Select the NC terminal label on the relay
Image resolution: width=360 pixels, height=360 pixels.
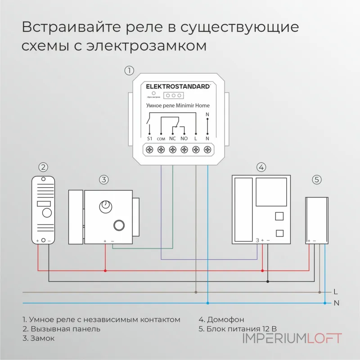[x=172, y=139]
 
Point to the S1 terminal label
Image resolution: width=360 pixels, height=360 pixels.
[x=150, y=139]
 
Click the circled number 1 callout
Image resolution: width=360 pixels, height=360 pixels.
[x=129, y=71]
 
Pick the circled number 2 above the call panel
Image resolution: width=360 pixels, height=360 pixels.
[x=43, y=167]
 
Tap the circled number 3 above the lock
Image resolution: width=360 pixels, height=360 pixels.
[x=104, y=180]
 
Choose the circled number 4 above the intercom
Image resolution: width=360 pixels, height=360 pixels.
[x=261, y=167]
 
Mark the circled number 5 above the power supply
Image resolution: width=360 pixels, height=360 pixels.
[x=317, y=180]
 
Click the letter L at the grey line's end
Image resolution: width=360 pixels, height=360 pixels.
[x=336, y=292]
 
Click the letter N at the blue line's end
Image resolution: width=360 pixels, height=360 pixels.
[x=336, y=303]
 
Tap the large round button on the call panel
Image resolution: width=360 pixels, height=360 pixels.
[x=47, y=213]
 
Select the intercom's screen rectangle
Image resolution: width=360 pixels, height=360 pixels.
[x=271, y=191]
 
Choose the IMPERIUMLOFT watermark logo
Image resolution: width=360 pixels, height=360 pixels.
[x=292, y=338]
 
